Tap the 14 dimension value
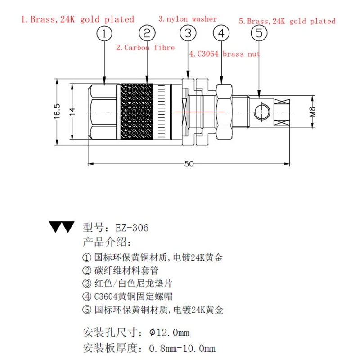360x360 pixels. point(72,111)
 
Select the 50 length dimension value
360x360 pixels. point(189,164)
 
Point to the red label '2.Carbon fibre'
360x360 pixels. point(145,47)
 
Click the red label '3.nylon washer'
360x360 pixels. point(188,19)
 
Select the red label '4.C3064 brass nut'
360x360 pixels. point(224,54)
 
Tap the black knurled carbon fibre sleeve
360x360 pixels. point(139,111)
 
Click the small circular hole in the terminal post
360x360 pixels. point(260,112)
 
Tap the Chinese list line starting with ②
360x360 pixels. point(121,270)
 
